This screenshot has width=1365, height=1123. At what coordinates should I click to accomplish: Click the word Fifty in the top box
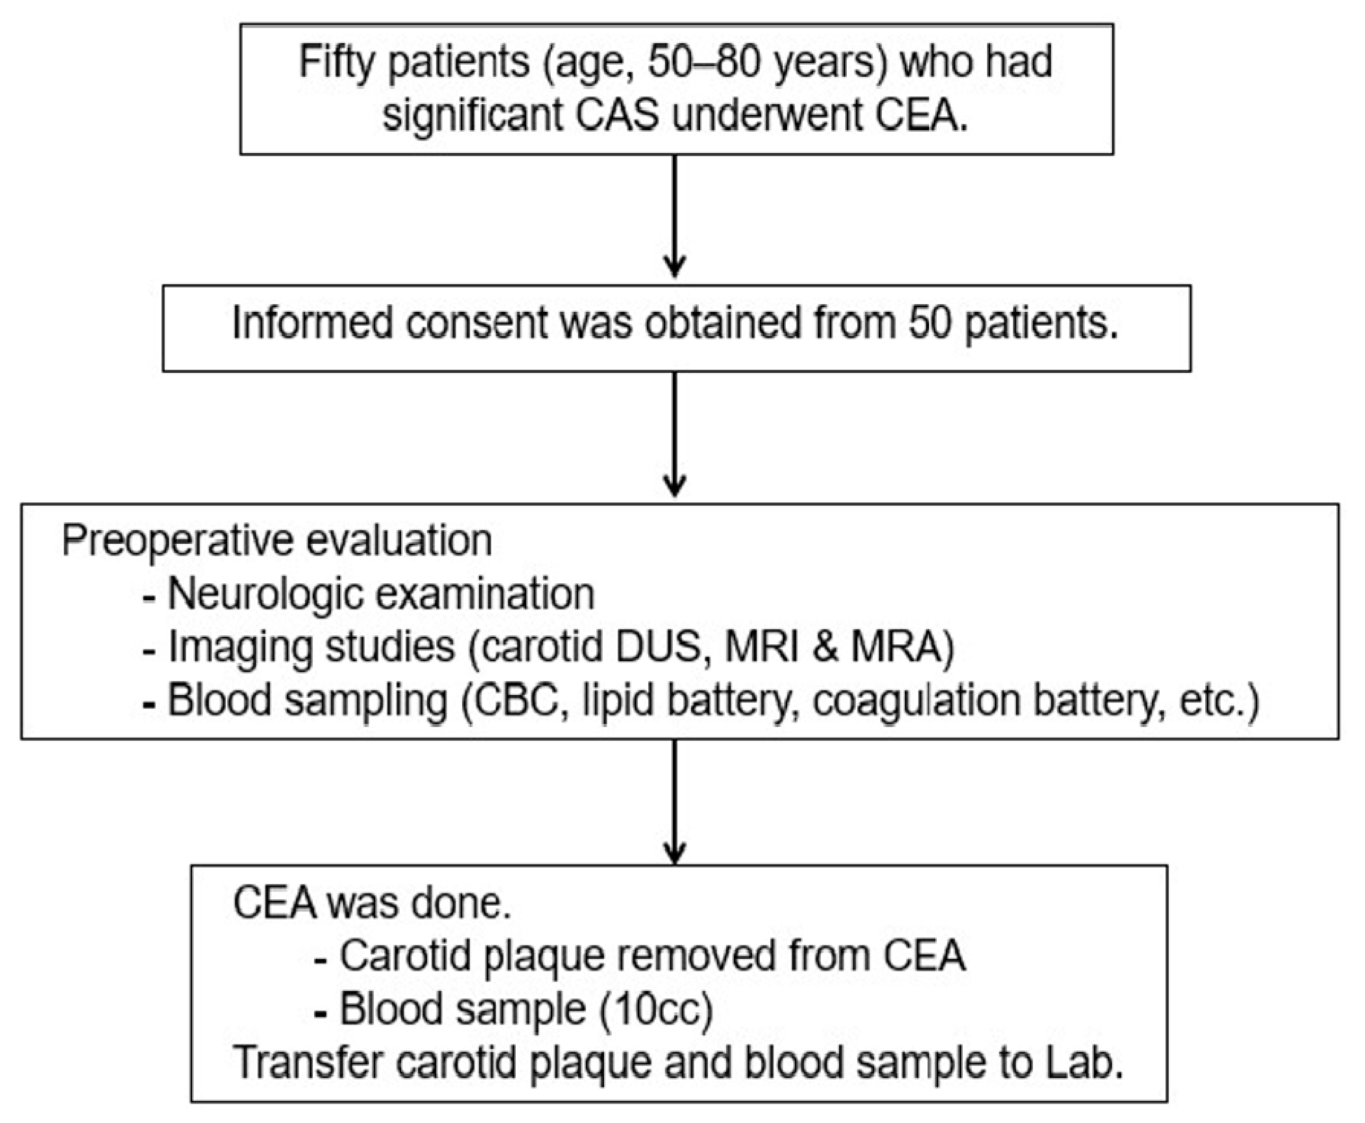[337, 63]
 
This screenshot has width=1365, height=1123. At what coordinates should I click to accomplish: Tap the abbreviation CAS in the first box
[617, 116]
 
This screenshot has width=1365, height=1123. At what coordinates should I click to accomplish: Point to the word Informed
[312, 322]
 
